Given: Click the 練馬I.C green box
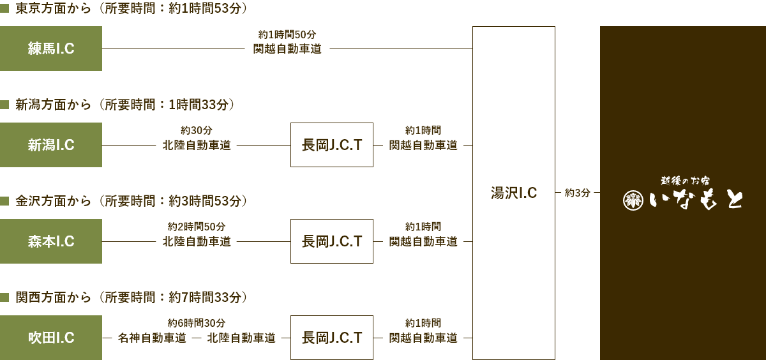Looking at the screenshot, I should tap(51, 49).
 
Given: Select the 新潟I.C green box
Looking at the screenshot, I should tap(51, 145).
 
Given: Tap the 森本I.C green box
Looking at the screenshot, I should tap(51, 241).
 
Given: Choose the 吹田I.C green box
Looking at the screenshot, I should tap(51, 338).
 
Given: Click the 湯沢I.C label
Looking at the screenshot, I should tap(514, 193).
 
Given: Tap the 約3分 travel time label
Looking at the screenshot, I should tap(578, 193).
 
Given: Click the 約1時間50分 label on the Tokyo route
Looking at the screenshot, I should tap(287, 34).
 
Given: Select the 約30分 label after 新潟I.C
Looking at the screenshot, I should tap(197, 130).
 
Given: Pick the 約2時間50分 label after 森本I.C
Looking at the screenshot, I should tap(197, 227).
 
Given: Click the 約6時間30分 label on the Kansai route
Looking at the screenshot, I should tap(197, 323).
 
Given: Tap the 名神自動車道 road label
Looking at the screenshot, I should tap(152, 338).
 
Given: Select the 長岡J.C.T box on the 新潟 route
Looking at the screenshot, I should tap(332, 145).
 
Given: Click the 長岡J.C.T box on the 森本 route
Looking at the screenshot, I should tap(332, 241).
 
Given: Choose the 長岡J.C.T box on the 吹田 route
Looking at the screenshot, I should tap(332, 338).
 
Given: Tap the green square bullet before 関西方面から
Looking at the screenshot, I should tap(4, 297).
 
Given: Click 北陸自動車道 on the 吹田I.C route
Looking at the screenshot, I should tap(241, 338).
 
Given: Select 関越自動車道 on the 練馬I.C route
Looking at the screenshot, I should tap(287, 49).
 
